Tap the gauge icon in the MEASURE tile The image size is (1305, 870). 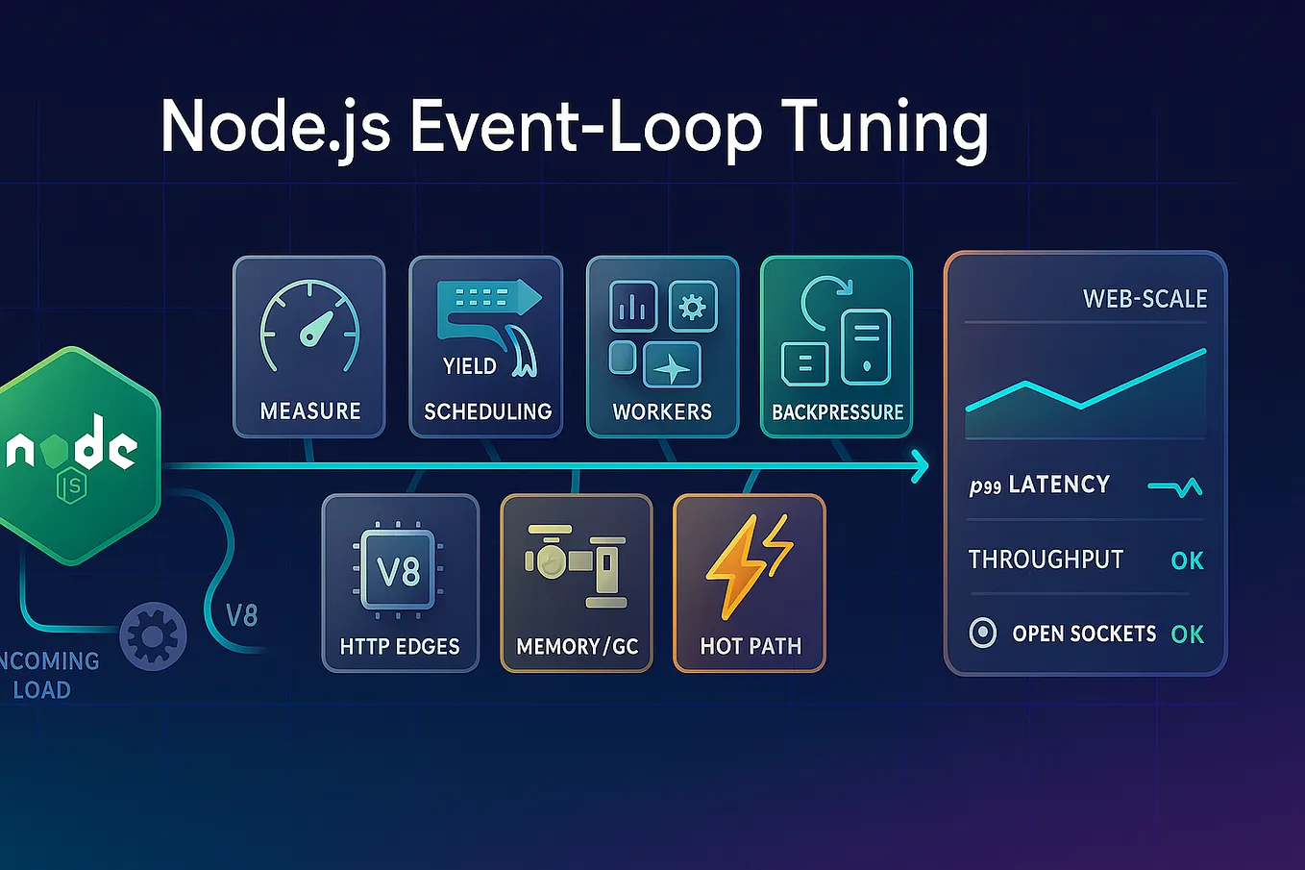[309, 328]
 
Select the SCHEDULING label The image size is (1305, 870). [487, 412]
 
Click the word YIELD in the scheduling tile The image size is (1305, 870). [469, 366]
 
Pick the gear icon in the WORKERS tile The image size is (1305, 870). [693, 307]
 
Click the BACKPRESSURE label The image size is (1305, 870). [837, 412]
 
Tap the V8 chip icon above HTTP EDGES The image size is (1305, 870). [399, 572]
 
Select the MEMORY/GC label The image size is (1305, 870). [577, 647]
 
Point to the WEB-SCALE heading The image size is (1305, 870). [1145, 299]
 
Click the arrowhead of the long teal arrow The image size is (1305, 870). [920, 466]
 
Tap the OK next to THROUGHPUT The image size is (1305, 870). [1187, 560]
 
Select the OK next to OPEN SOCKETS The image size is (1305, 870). [1187, 634]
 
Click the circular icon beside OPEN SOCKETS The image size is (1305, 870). [982, 634]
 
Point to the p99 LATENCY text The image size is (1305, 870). [1039, 485]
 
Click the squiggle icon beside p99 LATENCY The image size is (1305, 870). [1175, 488]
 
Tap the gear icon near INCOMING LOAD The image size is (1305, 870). [153, 635]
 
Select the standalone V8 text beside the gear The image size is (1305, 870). [241, 615]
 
